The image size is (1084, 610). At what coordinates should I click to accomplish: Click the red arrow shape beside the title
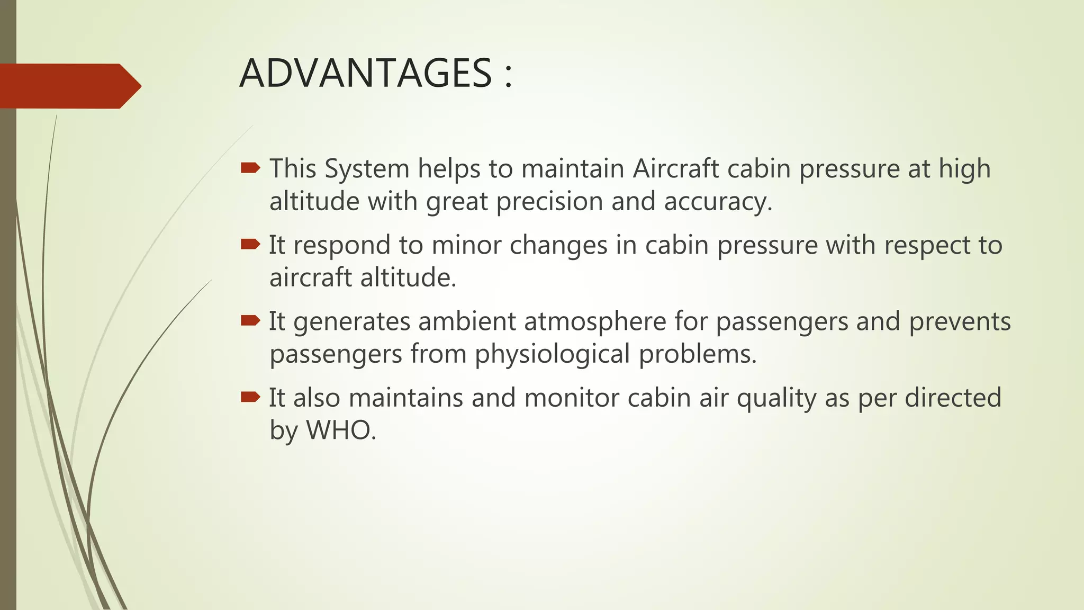coord(69,86)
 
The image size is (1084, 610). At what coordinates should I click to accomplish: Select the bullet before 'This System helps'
coord(250,168)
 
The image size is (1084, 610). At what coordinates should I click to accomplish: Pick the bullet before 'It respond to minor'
coord(250,244)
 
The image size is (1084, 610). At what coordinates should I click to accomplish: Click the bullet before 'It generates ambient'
coord(250,320)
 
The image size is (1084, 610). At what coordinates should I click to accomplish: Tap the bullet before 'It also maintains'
coord(250,397)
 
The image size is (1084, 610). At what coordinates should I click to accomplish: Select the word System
coord(367,169)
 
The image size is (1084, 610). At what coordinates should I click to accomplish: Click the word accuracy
coord(718,202)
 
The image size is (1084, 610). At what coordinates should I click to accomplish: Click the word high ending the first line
coord(964,169)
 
